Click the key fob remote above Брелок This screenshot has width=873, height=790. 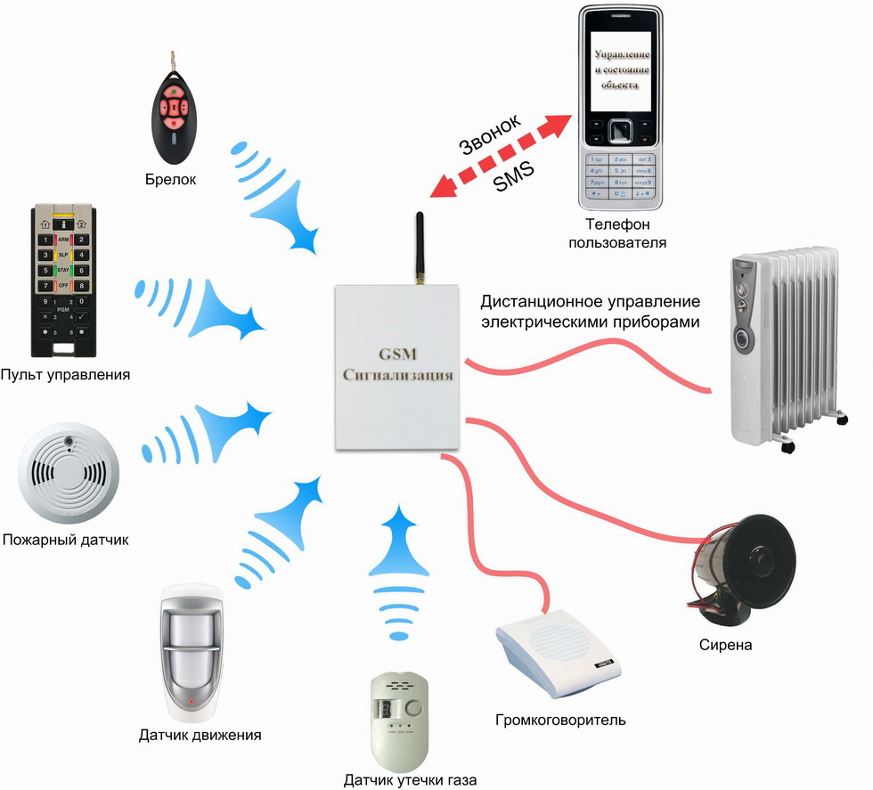(175, 111)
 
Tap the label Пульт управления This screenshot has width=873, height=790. (66, 375)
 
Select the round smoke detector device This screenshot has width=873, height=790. (66, 476)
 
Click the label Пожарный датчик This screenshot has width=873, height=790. (66, 539)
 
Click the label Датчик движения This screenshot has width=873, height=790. (200, 736)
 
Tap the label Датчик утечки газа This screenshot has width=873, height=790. (411, 781)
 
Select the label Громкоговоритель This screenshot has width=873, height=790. (561, 719)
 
